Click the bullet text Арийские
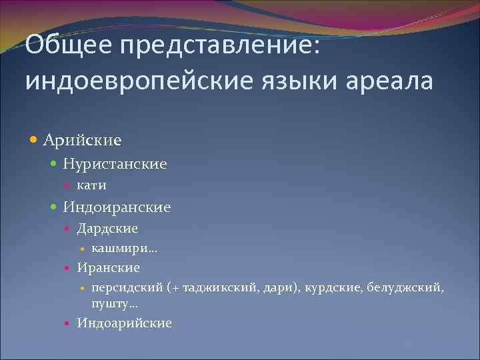[83, 140]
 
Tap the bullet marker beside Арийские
[35, 140]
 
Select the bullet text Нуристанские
[115, 163]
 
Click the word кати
[91, 185]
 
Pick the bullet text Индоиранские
[117, 207]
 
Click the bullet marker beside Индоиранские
[55, 207]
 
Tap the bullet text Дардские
[107, 229]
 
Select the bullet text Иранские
[108, 267]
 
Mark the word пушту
[111, 303]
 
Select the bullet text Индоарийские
[124, 323]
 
